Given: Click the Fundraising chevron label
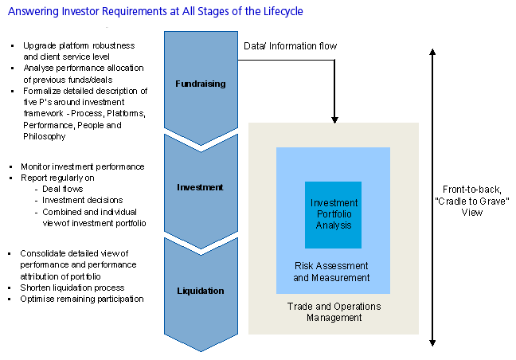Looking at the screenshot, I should [200, 84].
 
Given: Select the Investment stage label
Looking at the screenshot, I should [200, 188].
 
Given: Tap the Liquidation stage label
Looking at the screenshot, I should [200, 292].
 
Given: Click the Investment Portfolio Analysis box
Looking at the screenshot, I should [333, 214].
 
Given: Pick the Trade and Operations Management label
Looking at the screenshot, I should [334, 312].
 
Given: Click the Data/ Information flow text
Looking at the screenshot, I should [290, 46].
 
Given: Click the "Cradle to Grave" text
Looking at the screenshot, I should [477, 202].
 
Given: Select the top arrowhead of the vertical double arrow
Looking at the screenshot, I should [432, 52].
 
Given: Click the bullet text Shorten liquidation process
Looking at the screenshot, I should [72, 288].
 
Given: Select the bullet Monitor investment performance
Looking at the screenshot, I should [84, 166].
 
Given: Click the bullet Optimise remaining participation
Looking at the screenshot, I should [83, 299].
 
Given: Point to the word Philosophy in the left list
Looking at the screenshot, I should [45, 137].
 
